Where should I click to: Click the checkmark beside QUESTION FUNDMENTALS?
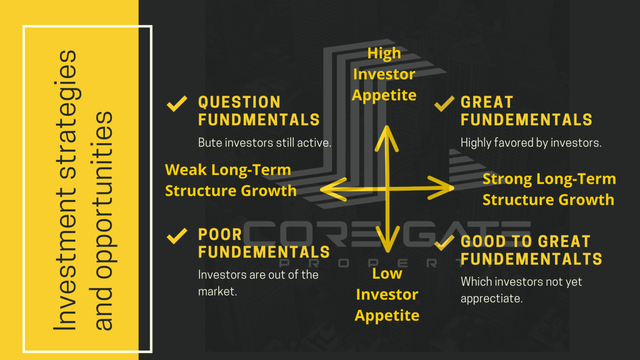coord(177,103)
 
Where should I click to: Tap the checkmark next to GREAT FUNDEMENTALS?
coord(444,103)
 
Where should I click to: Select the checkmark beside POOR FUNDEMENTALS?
coord(177,236)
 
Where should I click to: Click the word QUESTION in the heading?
coord(240,102)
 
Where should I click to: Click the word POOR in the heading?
coord(220,235)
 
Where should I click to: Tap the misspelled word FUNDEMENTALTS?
coord(531,259)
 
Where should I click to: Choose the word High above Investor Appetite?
coord(384,53)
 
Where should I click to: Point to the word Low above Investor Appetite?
coord(387,273)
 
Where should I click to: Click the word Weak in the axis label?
coord(186,170)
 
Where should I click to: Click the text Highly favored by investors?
coord(531,143)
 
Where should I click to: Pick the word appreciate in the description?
coord(492,299)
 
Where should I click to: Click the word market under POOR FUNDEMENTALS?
coord(217,291)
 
